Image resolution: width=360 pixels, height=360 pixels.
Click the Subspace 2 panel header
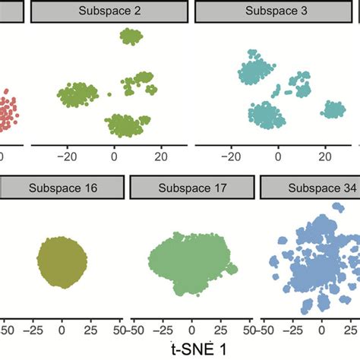pos(109,11)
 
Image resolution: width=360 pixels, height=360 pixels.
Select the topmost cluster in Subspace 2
pos(131,36)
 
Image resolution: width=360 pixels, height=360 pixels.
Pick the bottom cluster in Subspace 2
pos(126,122)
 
